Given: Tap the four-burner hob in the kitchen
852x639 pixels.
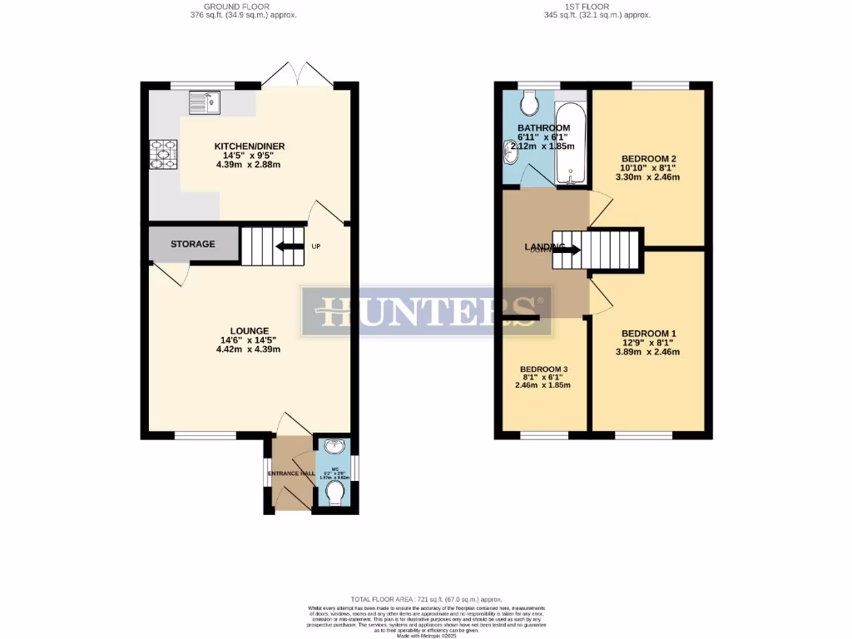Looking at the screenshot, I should click(x=163, y=155).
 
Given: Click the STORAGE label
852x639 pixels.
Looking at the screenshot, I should click(x=192, y=244).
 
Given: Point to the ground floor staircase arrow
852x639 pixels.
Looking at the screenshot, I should click(x=290, y=245).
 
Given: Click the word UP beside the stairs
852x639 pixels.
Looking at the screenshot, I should click(x=316, y=247).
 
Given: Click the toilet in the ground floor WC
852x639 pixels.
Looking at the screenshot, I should click(x=335, y=494).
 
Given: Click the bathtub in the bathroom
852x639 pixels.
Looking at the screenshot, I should click(x=572, y=144).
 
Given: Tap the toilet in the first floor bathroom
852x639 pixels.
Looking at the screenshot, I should click(x=528, y=103).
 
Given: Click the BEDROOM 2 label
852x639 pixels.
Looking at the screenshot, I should click(x=648, y=158).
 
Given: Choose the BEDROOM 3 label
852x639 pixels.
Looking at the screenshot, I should click(x=545, y=369).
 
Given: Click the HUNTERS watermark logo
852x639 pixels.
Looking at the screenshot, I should click(x=427, y=310).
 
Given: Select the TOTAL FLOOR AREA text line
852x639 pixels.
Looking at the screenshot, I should click(x=427, y=598).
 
